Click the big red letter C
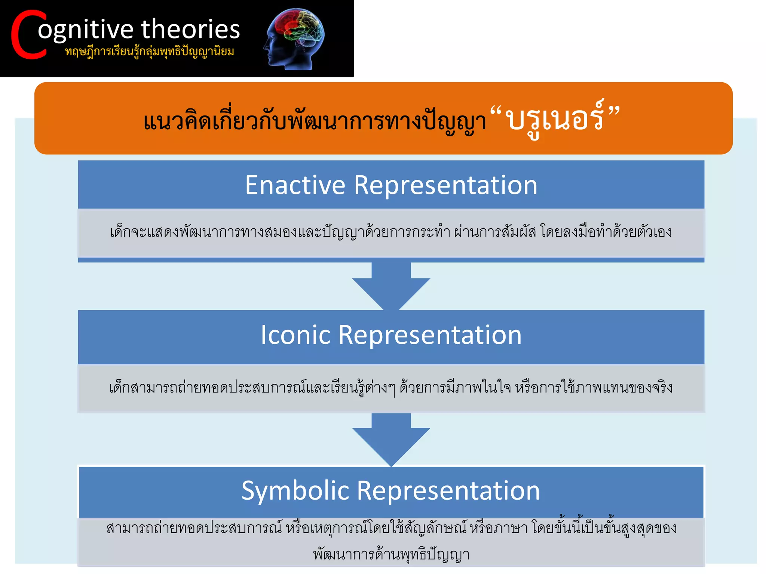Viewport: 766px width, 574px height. pyautogui.click(x=28, y=36)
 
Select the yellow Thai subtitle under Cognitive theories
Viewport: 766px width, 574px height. pyautogui.click(x=150, y=52)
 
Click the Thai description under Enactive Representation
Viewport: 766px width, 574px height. pyautogui.click(x=391, y=232)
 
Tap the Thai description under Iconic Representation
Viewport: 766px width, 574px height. pyautogui.click(x=391, y=388)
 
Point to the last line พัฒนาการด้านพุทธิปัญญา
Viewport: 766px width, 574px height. pyautogui.click(x=391, y=554)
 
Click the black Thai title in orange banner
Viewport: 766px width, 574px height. pyautogui.click(x=314, y=121)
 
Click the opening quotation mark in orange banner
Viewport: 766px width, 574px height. pyautogui.click(x=496, y=111)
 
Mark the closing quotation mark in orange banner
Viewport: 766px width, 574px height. pyautogui.click(x=614, y=111)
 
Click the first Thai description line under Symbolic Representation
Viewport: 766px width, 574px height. pyautogui.click(x=391, y=528)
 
